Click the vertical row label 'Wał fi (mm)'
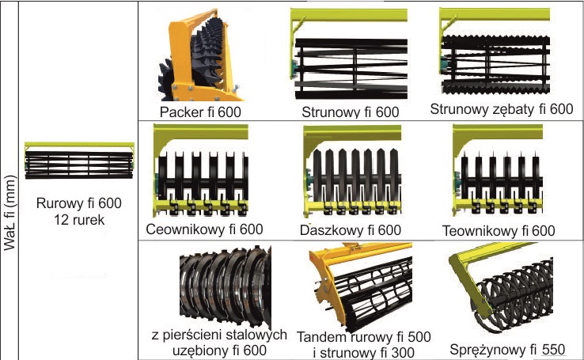10,213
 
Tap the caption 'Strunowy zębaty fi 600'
500,109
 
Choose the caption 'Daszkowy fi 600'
351,230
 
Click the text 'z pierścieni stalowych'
217,335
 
